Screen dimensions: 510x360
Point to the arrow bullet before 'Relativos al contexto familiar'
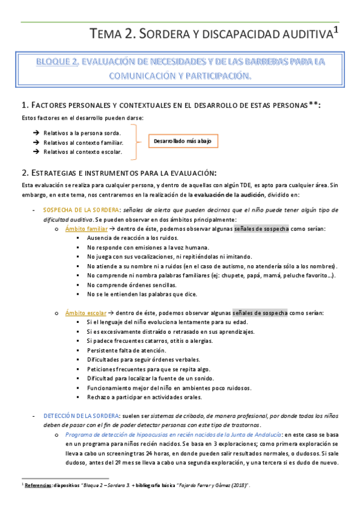tap(37, 143)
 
